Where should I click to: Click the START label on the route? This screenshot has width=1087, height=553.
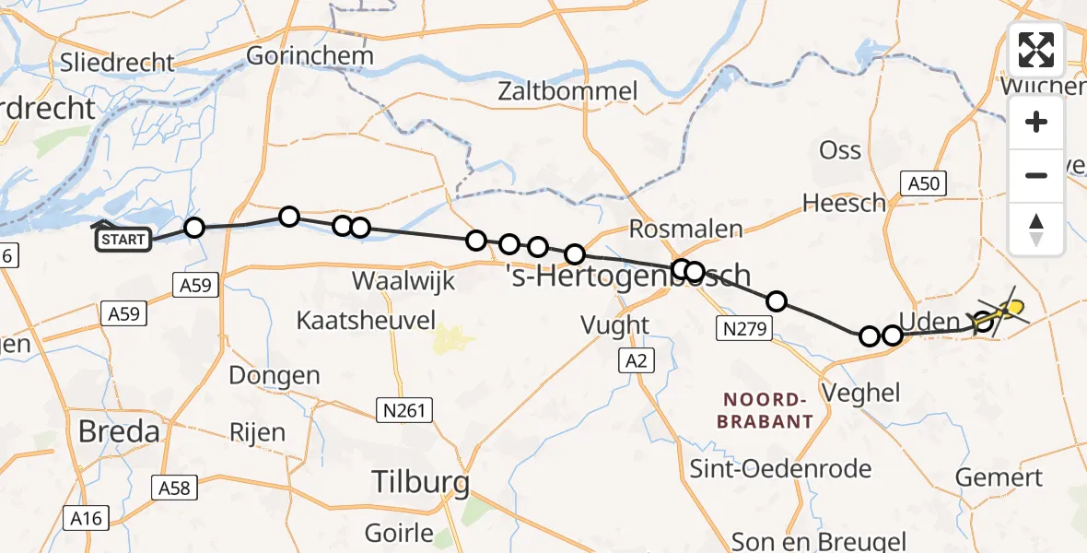tap(123, 241)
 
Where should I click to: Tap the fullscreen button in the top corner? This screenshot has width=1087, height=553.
tap(1036, 50)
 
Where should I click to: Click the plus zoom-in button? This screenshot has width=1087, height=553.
tap(1036, 122)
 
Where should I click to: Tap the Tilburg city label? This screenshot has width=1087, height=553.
tap(420, 481)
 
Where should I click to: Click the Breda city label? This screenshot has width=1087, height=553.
tap(119, 431)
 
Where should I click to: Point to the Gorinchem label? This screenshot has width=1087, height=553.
tap(310, 55)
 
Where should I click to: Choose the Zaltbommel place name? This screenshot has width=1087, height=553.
tap(567, 91)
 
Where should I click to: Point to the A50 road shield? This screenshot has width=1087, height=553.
tap(923, 183)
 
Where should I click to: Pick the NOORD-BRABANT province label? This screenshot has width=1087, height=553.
tap(767, 410)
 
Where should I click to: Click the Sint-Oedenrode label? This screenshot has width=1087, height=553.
tap(781, 468)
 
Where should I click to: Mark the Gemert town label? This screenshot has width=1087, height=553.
tap(999, 477)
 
